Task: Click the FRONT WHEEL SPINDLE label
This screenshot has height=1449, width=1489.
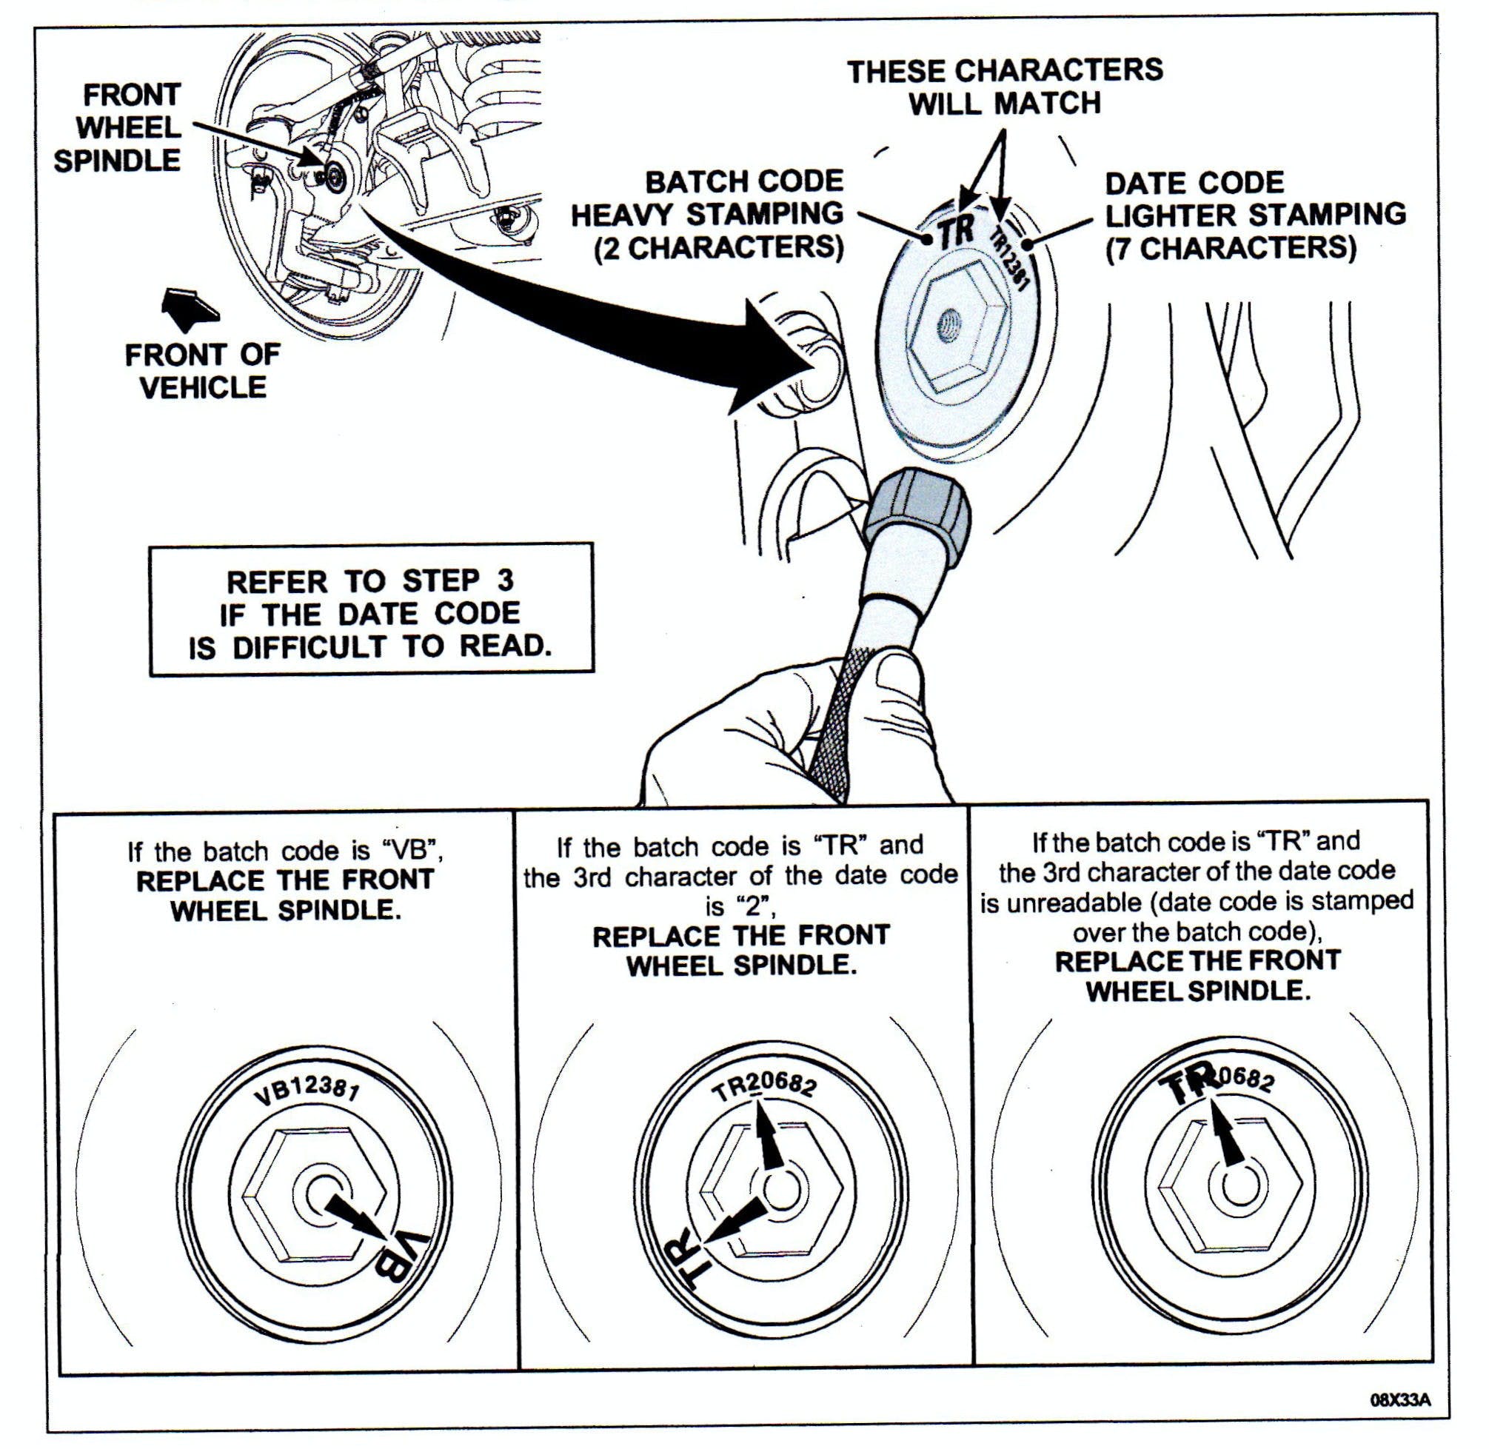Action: point(118,128)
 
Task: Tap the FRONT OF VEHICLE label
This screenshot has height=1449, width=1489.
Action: point(202,372)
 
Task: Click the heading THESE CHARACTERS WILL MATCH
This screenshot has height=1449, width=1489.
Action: point(1004,87)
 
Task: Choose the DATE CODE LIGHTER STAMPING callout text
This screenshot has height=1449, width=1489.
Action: point(1254,216)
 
